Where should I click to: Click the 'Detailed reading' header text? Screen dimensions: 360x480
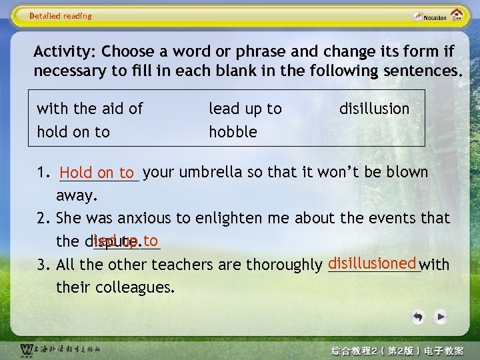[x=61, y=16]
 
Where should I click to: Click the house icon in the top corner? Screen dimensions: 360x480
[x=457, y=15]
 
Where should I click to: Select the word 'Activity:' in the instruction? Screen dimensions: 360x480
[x=65, y=52]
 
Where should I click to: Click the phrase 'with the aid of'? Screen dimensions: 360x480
[x=89, y=109]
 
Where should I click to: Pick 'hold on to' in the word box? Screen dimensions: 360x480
[x=73, y=132]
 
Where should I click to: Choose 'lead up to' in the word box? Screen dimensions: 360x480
[x=245, y=109]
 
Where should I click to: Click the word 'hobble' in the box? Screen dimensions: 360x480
[x=233, y=132]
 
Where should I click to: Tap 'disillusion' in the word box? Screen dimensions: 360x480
[x=374, y=109]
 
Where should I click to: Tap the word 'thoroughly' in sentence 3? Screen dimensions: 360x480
[x=285, y=265]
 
